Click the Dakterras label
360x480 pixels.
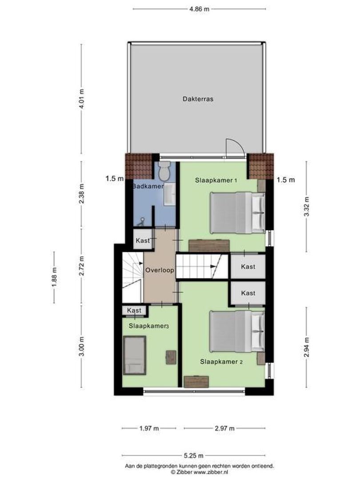click(x=198, y=99)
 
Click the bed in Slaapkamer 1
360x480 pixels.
click(x=237, y=212)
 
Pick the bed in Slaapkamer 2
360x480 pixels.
click(x=237, y=331)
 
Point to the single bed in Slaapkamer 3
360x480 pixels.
click(x=134, y=355)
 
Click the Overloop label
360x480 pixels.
click(x=159, y=270)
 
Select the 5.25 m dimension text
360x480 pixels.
click(x=194, y=455)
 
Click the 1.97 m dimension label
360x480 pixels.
click(x=149, y=428)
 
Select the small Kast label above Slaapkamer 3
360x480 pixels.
click(x=134, y=310)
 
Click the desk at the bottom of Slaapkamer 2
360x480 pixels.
click(x=196, y=381)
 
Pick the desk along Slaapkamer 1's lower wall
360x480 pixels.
click(x=209, y=245)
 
